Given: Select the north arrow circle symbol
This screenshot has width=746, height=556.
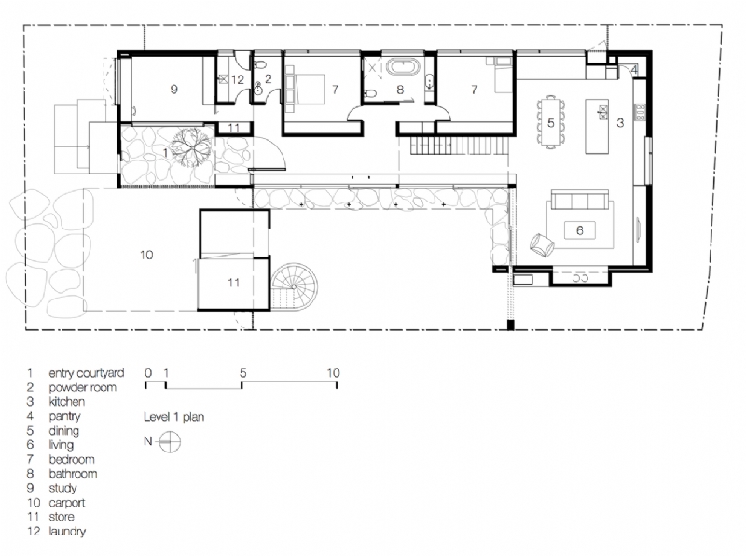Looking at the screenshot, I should pos(169,442).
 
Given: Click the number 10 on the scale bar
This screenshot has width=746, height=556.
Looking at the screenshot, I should pos(333,372).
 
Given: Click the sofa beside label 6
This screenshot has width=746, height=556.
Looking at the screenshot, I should pos(579,202).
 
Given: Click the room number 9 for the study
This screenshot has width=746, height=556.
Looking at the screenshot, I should pos(173,90).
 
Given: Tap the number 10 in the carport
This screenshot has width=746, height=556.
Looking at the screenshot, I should pos(146,254).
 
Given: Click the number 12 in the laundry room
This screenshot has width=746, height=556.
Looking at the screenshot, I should pos(239,80).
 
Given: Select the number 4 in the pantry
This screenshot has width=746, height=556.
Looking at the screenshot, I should pos(633,70).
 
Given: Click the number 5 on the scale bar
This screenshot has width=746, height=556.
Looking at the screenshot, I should pos(242,372).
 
